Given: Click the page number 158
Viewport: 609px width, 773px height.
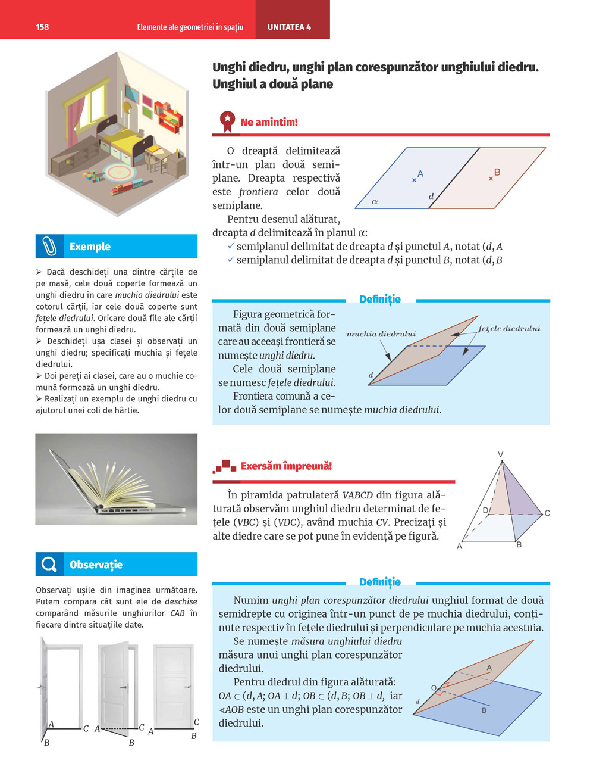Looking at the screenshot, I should pos(42,27).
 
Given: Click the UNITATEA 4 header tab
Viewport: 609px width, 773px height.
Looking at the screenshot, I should pos(289,27).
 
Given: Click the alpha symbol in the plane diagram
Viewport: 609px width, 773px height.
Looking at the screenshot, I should pos(375,202).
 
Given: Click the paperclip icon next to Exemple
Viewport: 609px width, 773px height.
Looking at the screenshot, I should pos(49,246).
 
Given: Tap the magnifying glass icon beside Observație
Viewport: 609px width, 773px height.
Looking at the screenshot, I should pos(49,564).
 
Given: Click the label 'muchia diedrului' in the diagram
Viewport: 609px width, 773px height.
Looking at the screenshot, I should pos(381,334).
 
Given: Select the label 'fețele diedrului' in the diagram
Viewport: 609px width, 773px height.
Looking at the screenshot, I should pos(509,328).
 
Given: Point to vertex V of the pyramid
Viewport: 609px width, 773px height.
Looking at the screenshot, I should pos(501,455).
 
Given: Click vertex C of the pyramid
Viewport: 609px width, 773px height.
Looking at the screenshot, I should pos(547,513).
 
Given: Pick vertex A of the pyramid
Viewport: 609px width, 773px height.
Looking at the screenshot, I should pos(460,546).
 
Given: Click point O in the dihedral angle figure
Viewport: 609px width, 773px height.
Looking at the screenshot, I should pos(434,688).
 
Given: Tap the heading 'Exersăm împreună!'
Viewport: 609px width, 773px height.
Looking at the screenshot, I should pos(286,466).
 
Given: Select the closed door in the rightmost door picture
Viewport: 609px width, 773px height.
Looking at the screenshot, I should pos(173,685).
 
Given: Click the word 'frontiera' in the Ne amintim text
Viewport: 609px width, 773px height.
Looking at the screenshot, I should pos(258,192).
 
